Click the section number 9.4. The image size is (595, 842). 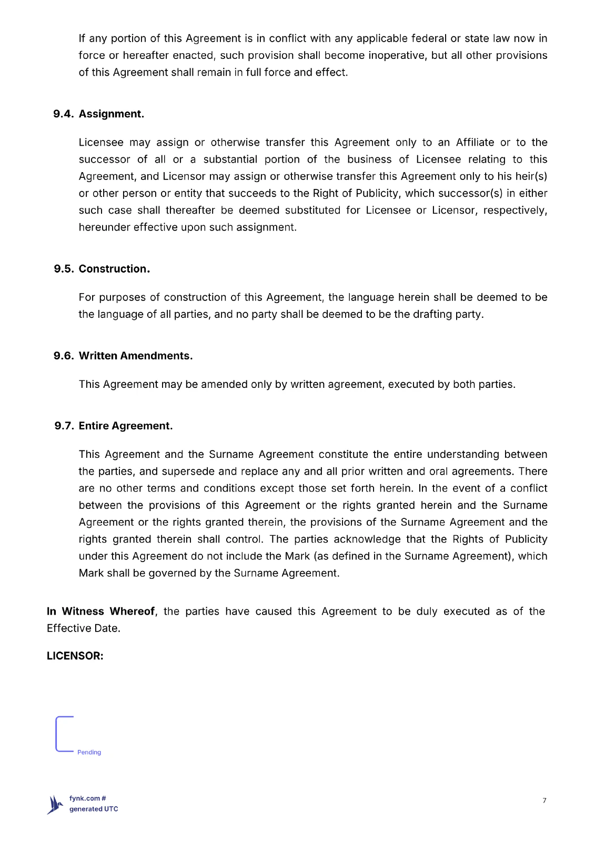click(63, 114)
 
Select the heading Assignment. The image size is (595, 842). click(112, 114)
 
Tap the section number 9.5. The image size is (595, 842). click(64, 269)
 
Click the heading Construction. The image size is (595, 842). click(114, 269)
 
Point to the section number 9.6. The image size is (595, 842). click(64, 356)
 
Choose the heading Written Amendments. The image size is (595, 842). click(136, 356)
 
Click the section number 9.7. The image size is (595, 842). click(64, 426)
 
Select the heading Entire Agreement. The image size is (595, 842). click(126, 426)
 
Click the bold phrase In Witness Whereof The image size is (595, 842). click(100, 612)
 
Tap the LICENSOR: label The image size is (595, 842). click(75, 656)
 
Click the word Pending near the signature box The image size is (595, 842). click(89, 753)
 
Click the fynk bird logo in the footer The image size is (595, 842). click(55, 805)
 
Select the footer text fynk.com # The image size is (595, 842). click(88, 798)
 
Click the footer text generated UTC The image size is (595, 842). click(94, 809)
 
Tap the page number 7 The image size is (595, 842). click(544, 800)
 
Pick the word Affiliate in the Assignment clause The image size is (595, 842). click(475, 143)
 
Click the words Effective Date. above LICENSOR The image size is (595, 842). click(84, 628)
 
